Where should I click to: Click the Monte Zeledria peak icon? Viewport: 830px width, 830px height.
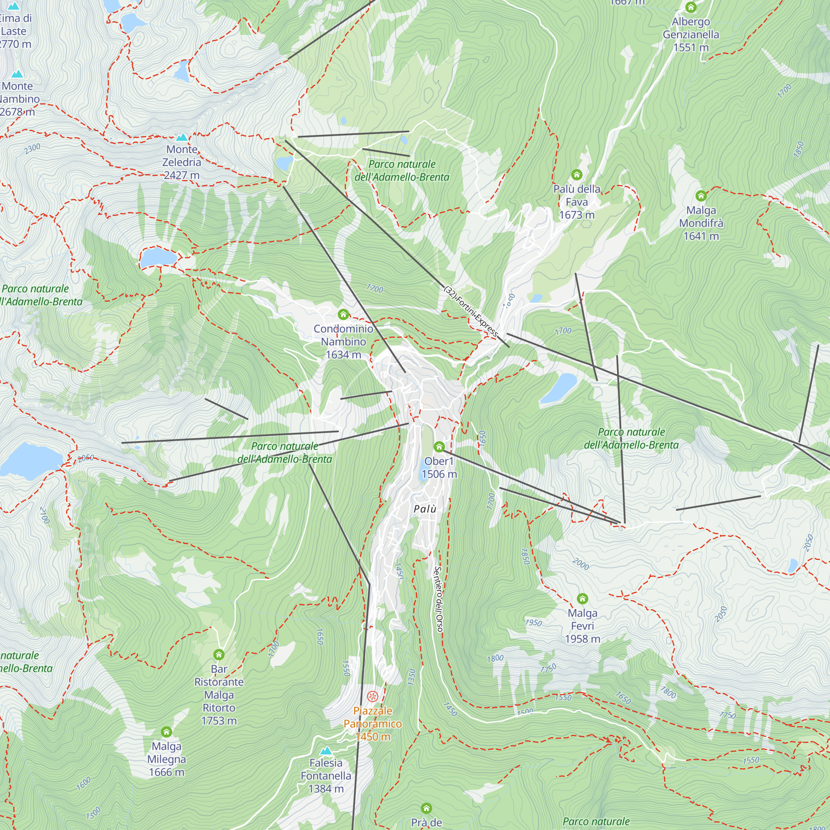182,137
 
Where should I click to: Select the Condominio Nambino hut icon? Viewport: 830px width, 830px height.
343,315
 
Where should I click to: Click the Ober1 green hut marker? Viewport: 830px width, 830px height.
439,447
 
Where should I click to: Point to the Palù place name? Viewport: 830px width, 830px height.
425,509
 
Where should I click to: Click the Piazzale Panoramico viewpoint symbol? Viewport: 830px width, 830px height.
373,696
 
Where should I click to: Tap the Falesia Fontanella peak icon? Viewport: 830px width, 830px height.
326,751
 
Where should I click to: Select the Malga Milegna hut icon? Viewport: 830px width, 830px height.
166,732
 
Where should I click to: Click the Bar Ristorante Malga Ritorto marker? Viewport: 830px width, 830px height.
219,655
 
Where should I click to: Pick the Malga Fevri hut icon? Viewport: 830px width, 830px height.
582,598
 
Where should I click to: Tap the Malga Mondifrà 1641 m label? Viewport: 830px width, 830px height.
701,223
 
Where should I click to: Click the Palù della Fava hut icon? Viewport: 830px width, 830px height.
576,174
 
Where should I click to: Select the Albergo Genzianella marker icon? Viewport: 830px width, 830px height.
691,7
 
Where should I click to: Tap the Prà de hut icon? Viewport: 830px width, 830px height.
426,808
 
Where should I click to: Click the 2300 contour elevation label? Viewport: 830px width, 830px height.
32,149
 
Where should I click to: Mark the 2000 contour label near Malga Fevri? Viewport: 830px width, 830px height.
581,564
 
